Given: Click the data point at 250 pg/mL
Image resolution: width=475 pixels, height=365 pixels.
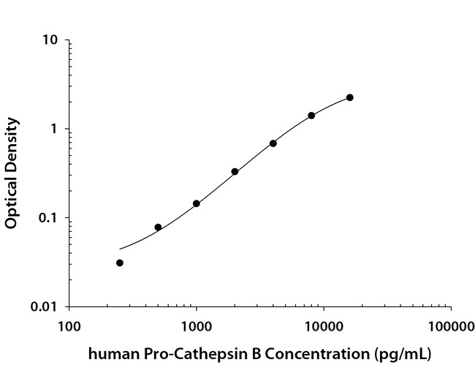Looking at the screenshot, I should pyautogui.click(x=120, y=263).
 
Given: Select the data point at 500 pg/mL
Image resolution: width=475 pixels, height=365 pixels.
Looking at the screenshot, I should pyautogui.click(x=158, y=227).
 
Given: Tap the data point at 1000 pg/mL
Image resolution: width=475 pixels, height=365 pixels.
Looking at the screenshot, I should pyautogui.click(x=197, y=203).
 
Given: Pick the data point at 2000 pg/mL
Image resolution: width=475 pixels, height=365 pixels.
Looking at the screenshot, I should pyautogui.click(x=235, y=172).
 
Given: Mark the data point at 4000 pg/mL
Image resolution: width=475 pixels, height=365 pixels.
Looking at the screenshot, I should pyautogui.click(x=273, y=143).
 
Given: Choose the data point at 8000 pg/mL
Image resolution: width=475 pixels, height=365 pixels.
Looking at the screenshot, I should pyautogui.click(x=311, y=116).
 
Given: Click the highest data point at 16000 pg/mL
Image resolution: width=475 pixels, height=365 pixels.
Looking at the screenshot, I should pyautogui.click(x=350, y=97).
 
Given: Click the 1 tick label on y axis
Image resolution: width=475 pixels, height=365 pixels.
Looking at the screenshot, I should pyautogui.click(x=55, y=129).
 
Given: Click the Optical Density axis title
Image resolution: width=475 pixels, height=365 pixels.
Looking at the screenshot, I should pyautogui.click(x=12, y=173).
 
